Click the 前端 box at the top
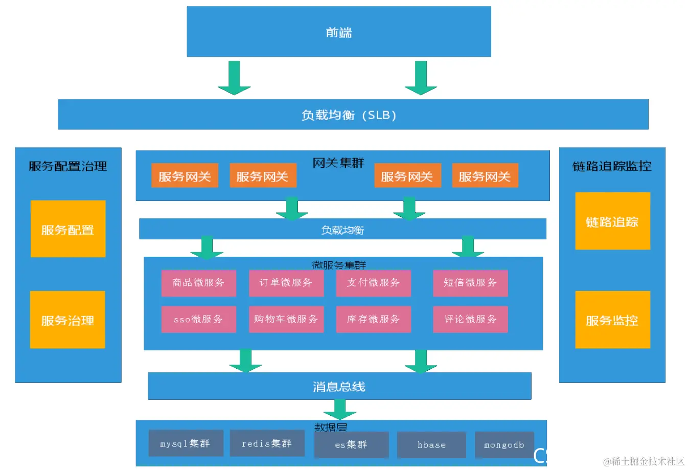[338, 32]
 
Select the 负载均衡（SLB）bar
[353, 115]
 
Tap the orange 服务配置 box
[68, 229]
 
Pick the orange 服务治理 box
[67, 320]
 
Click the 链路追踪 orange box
[612, 221]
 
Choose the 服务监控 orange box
[612, 320]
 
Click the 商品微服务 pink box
[198, 283]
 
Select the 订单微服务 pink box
[286, 283]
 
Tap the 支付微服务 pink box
[373, 283]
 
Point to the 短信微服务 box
[470, 283]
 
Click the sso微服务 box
[198, 319]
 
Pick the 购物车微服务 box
[286, 319]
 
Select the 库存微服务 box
[373, 319]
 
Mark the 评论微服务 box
[470, 319]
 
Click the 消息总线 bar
[339, 386]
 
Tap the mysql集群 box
[186, 443]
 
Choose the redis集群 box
[267, 443]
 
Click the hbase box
[431, 444]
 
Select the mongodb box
[504, 444]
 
